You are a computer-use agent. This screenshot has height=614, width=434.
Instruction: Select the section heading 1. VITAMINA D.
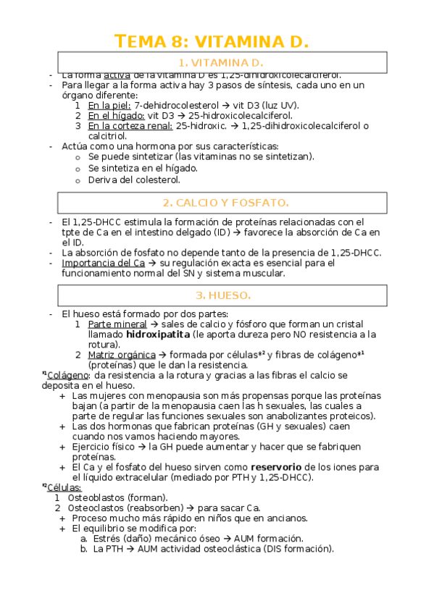coord(222,63)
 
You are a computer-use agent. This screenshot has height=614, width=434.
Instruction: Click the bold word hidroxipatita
coord(158,335)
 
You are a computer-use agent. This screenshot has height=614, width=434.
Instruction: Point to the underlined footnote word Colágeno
coord(69,375)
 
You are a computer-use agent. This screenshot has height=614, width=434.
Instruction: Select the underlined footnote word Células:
coord(64,487)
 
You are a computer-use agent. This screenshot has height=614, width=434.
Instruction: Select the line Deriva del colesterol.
coord(134,180)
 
